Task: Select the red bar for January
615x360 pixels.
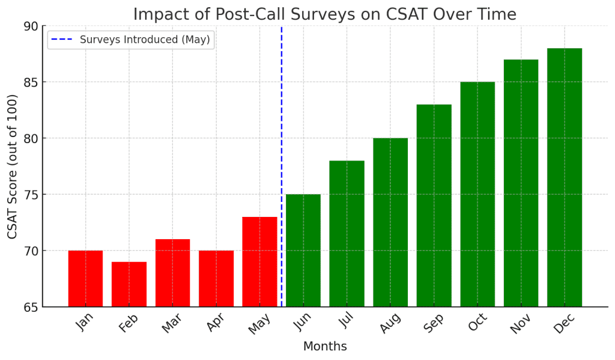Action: pyautogui.click(x=85, y=278)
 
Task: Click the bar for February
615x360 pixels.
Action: pyautogui.click(x=129, y=284)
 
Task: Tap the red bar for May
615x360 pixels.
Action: pyautogui.click(x=259, y=261)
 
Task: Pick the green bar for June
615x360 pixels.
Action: pyautogui.click(x=303, y=250)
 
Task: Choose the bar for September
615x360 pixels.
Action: pyautogui.click(x=434, y=206)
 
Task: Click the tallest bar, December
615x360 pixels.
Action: pyautogui.click(x=565, y=177)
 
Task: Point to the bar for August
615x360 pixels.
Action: pyautogui.click(x=390, y=222)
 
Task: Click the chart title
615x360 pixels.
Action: pyautogui.click(x=324, y=14)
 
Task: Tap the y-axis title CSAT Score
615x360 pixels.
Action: pyautogui.click(x=13, y=166)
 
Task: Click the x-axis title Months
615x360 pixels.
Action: pyautogui.click(x=325, y=347)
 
